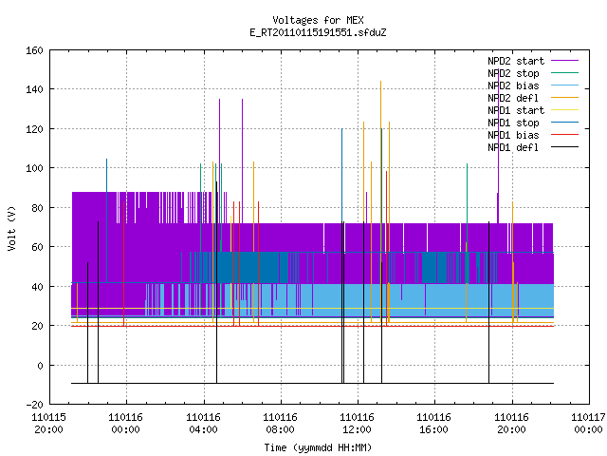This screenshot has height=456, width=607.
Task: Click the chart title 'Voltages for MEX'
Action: [318, 20]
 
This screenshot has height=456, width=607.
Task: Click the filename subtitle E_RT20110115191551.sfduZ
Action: [318, 32]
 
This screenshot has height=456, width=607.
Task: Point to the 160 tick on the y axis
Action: [34, 50]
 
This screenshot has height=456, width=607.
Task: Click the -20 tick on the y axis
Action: [34, 405]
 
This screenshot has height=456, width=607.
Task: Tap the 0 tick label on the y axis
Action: [40, 365]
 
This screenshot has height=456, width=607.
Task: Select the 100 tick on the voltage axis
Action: [34, 168]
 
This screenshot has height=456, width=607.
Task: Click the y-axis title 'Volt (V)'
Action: [11, 229]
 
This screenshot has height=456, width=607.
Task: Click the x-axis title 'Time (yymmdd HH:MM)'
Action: [318, 447]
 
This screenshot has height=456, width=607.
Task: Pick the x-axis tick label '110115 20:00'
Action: [48, 424]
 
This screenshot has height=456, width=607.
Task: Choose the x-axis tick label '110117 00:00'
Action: [588, 424]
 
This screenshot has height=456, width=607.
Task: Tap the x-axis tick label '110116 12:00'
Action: [357, 424]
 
